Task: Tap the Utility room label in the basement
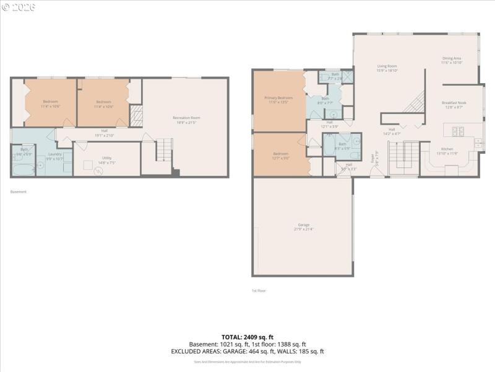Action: [106, 157]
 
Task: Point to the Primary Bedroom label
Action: [278, 98]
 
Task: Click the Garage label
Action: [303, 225]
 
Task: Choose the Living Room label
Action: [387, 66]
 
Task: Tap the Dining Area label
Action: [452, 58]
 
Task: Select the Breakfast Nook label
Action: [454, 103]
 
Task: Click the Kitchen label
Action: [446, 149]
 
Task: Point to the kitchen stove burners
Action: [459, 131]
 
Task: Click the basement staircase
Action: [163, 151]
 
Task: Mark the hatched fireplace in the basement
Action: [136, 116]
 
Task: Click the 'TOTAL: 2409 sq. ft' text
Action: [247, 337]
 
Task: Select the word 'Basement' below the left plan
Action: [19, 192]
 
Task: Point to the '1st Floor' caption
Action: [259, 290]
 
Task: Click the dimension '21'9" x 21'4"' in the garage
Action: [303, 229]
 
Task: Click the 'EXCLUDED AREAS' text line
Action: [247, 351]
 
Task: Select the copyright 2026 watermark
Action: [19, 7]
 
